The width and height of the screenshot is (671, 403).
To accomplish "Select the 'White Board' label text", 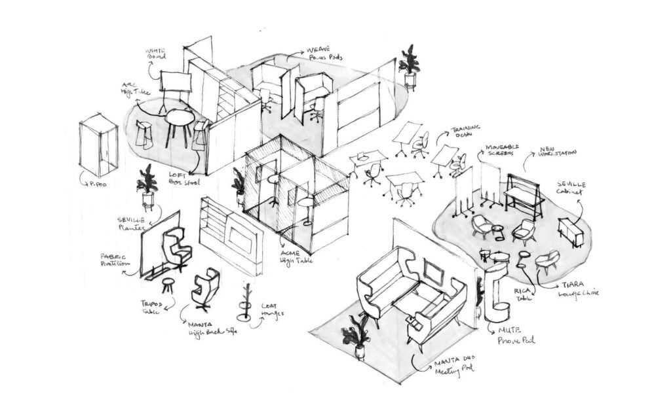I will [155, 55].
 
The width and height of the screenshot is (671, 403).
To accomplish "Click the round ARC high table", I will [178, 120].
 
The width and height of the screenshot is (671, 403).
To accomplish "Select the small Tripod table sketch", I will [168, 285].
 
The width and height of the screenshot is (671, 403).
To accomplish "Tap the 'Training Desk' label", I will [466, 133].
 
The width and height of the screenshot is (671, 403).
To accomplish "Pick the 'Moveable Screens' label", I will [504, 151].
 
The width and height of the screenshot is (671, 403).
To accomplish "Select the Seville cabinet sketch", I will [570, 232].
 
